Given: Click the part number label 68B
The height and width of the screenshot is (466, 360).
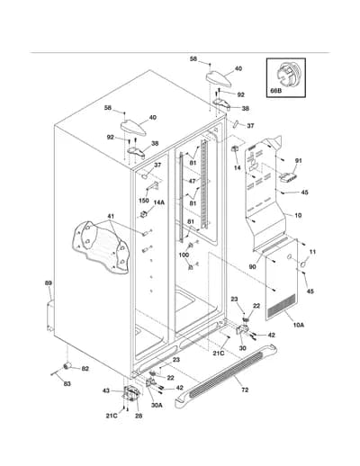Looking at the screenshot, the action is [276, 90].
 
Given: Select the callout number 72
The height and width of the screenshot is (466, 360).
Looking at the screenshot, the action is [245, 390].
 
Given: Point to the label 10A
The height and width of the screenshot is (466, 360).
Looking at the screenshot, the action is [299, 325].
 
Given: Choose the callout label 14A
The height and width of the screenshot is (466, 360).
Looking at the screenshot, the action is [159, 202].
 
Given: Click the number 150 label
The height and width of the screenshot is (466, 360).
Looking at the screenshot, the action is [144, 201].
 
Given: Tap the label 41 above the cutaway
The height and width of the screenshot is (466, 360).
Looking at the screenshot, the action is [111, 216].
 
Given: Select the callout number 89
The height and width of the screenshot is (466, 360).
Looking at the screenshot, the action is [48, 282].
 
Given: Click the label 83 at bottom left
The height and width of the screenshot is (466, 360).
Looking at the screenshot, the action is [67, 383].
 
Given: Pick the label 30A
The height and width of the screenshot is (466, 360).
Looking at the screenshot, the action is [157, 405].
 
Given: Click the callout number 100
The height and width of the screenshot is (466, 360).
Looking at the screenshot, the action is [184, 255].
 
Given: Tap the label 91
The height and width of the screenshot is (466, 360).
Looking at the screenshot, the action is [298, 161].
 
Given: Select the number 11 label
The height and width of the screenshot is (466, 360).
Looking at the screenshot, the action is [312, 252].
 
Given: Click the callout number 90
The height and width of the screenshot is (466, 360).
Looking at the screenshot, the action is [253, 266].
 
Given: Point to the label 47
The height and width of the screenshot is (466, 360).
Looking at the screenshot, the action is [192, 181].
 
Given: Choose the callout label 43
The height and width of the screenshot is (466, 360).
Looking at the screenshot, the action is [106, 390].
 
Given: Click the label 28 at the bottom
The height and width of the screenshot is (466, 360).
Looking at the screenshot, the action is [139, 416].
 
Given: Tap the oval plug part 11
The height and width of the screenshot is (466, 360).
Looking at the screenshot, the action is [303, 264].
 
